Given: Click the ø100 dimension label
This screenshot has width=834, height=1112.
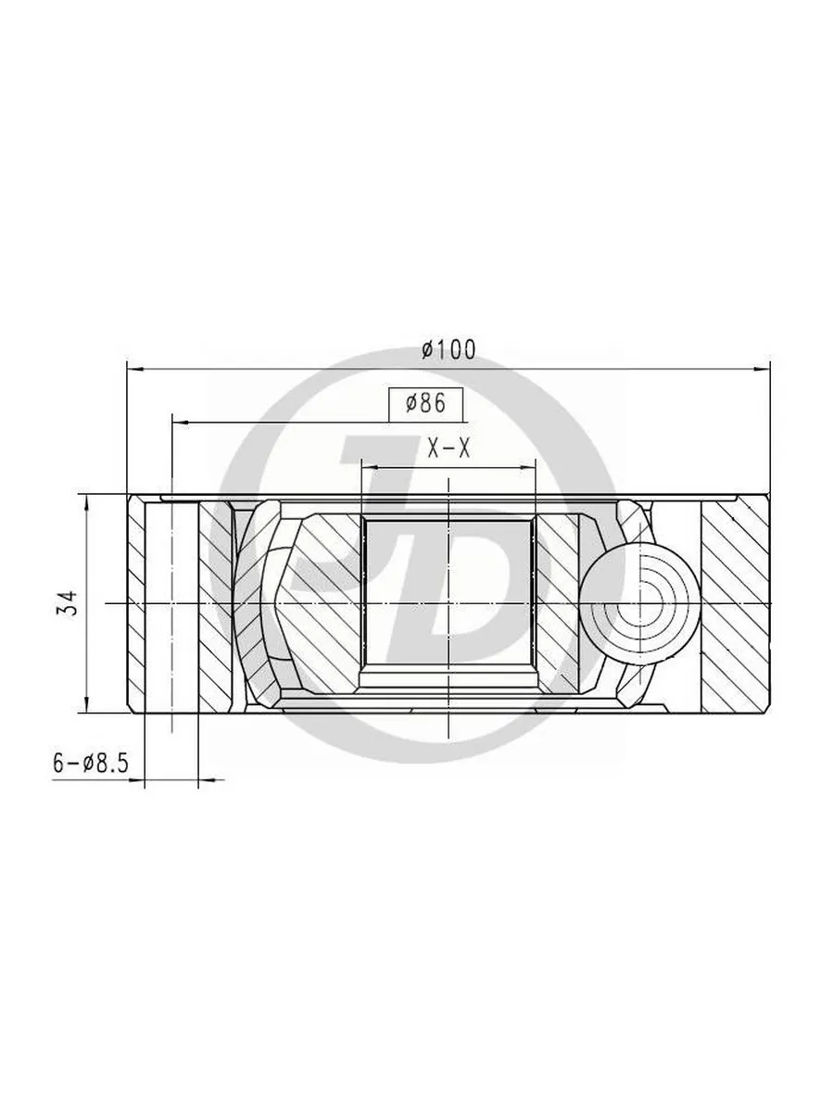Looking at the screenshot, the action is tap(449, 349).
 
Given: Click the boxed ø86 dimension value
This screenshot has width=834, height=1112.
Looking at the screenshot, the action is tap(426, 404).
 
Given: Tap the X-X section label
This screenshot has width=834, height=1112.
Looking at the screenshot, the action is tap(449, 449).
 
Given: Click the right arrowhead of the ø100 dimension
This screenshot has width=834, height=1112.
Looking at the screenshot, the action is tap(762, 369).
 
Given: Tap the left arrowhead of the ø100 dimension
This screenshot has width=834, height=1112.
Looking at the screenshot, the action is tap(134, 369).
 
